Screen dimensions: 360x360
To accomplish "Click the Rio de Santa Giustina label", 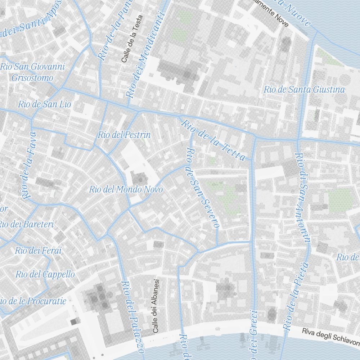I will [304, 90].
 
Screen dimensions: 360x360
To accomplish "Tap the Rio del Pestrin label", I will [124, 135].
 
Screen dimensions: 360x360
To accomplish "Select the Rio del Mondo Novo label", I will [126, 189].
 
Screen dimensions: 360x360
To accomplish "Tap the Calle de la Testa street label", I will [132, 39].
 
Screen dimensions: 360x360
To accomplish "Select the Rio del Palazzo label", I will [132, 317].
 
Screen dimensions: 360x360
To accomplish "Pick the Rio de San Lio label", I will [45, 105].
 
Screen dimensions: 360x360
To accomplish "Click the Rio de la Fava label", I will [29, 166].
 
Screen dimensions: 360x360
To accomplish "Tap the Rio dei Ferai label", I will [38, 251].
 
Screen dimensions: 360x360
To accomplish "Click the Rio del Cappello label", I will [45, 274].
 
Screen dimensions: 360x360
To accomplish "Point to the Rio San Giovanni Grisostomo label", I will [32, 72].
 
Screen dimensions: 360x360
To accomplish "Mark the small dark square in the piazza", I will [74, 322].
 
